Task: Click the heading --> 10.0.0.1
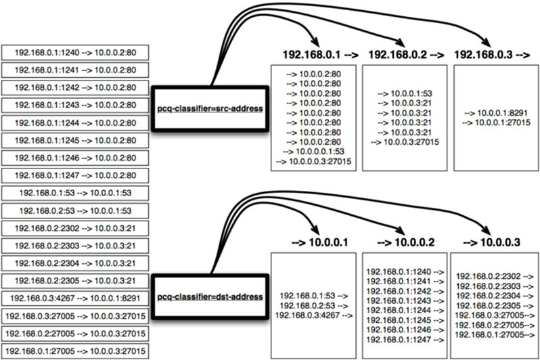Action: click(317, 242)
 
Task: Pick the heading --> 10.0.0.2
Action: click(403, 242)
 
